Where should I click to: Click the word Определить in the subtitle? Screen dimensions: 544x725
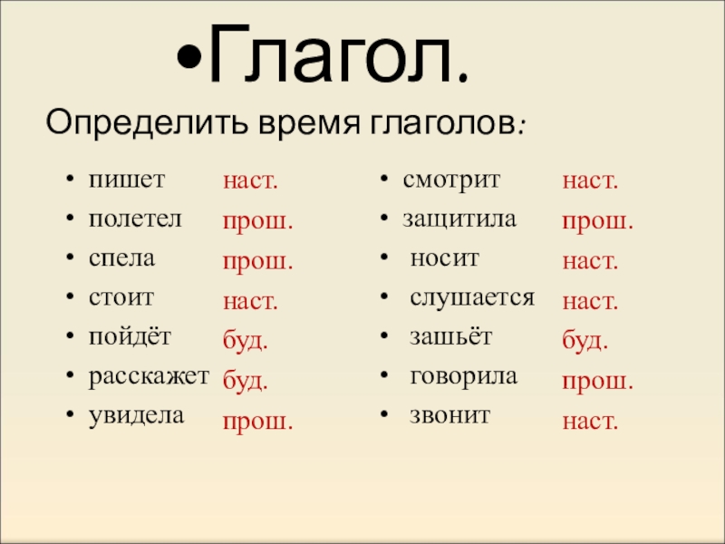[x=126, y=121]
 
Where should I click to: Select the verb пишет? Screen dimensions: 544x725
[x=127, y=180]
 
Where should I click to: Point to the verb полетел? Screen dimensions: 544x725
[x=136, y=219]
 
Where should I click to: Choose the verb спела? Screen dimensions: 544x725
[x=121, y=257]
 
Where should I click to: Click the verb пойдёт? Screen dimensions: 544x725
[x=130, y=337]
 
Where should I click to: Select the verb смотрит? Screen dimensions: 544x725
[x=451, y=180]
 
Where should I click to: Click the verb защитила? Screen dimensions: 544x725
[x=459, y=219]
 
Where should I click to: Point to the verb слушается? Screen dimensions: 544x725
[x=472, y=297]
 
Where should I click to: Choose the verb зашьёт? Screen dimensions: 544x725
[x=450, y=337]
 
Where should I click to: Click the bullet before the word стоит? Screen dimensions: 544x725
[x=70, y=297]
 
